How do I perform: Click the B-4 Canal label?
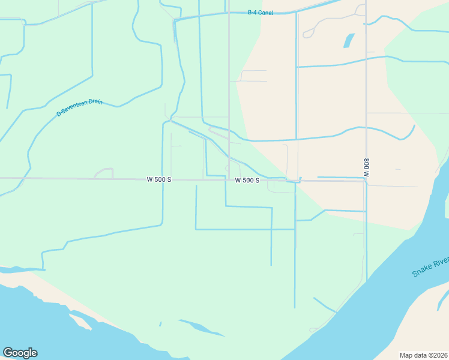point(261,13)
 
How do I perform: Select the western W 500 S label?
point(158,179)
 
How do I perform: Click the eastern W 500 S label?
point(247,180)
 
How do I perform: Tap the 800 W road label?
point(366,167)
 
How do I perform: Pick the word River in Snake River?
point(442,261)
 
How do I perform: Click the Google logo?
point(20,353)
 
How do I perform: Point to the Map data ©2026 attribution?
point(423,355)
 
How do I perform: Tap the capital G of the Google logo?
point(8,353)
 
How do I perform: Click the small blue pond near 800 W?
point(348,40)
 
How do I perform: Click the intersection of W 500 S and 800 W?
point(366,181)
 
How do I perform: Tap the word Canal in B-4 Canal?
point(266,13)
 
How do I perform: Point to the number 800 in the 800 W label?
point(366,163)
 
